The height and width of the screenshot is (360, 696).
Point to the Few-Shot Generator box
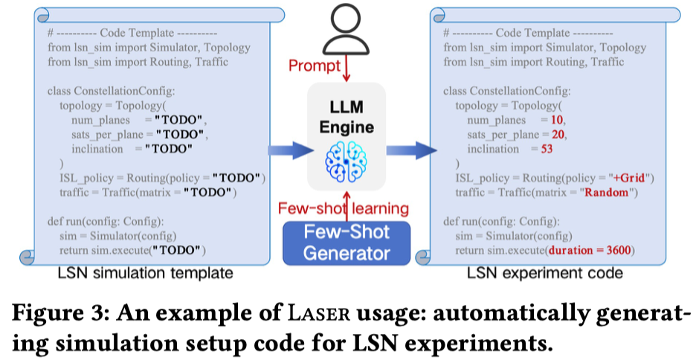coord(347,241)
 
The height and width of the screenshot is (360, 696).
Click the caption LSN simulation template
coord(146,274)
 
